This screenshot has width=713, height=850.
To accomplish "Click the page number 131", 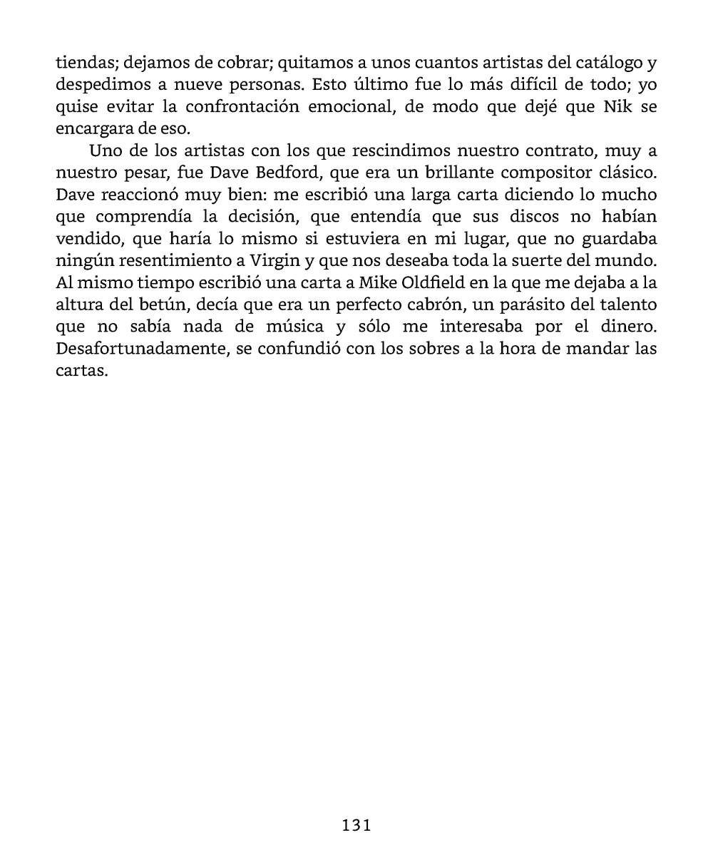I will [x=356, y=826].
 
